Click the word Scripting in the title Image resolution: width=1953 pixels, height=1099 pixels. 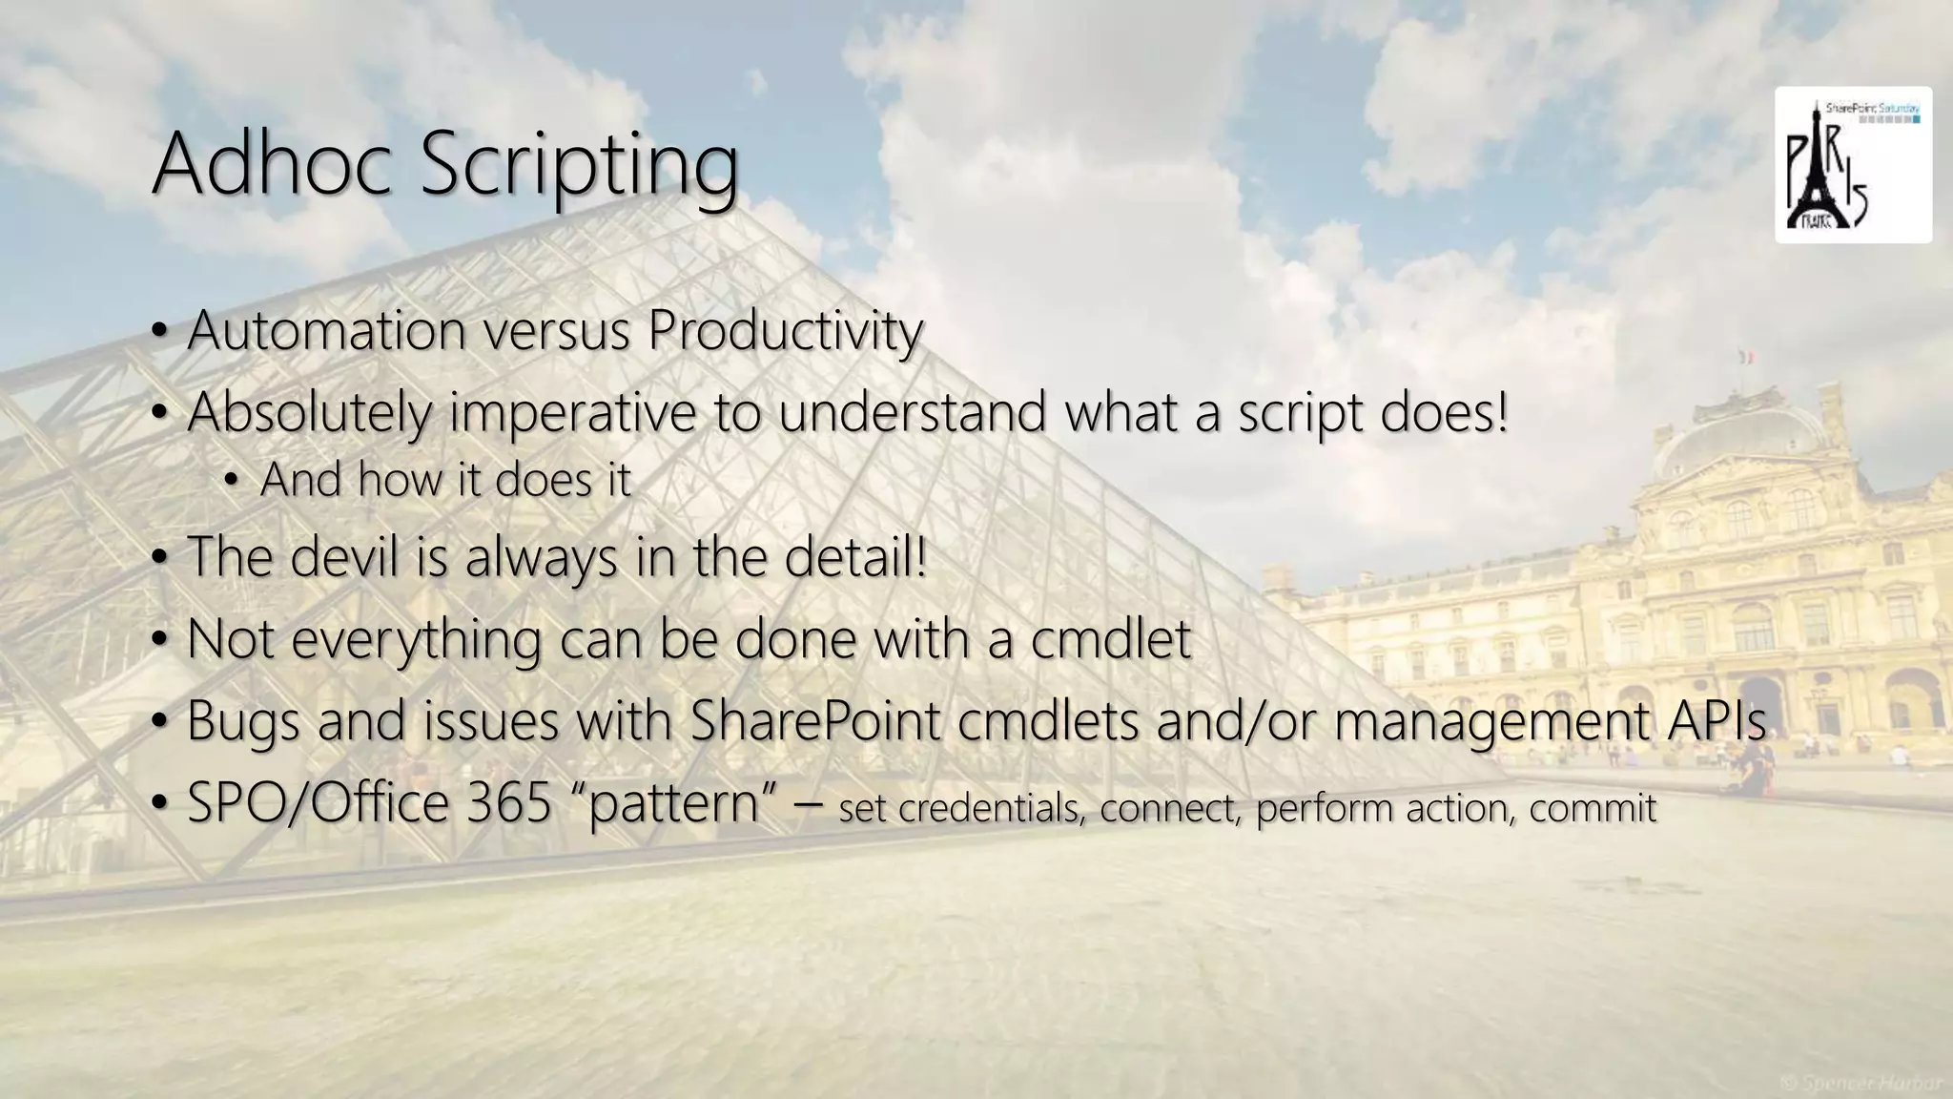pyautogui.click(x=579, y=167)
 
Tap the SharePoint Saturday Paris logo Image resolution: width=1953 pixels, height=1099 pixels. pyautogui.click(x=1852, y=165)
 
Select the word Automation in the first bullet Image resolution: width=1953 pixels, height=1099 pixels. pyautogui.click(x=327, y=330)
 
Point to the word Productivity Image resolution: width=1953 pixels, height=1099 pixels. pyautogui.click(x=784, y=332)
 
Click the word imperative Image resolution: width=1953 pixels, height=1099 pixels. pyautogui.click(x=573, y=413)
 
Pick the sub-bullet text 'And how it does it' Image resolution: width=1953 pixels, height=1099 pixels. pyautogui.click(x=444, y=479)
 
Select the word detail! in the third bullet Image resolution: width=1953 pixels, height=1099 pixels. pyautogui.click(x=855, y=556)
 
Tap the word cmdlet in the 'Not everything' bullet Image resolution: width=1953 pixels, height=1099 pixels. pyautogui.click(x=1110, y=638)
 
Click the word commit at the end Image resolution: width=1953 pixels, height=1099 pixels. pyautogui.click(x=1593, y=808)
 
